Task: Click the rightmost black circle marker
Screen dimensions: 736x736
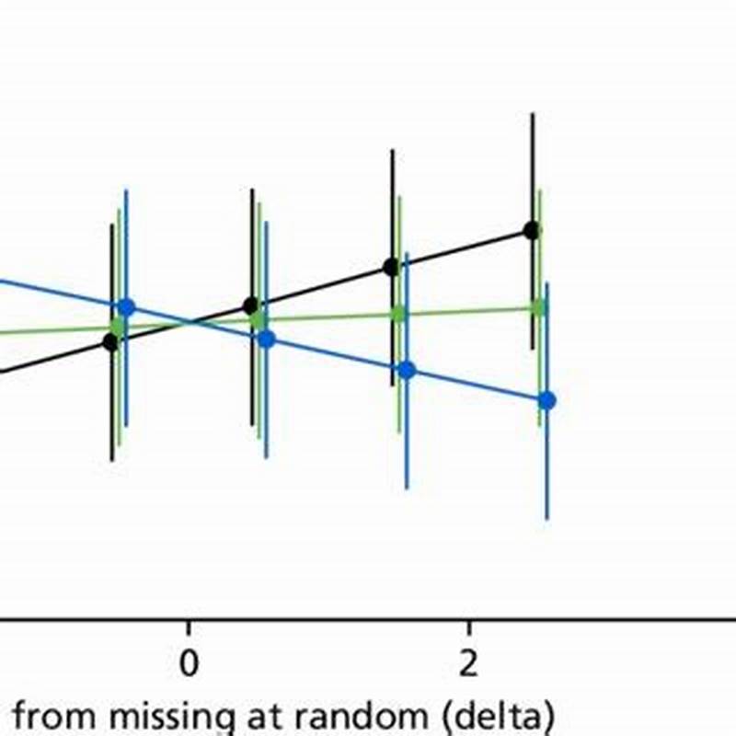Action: [531, 230]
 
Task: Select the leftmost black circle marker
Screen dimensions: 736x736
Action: [111, 342]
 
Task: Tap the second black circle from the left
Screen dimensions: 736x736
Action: [250, 305]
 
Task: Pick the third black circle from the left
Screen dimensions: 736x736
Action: [391, 268]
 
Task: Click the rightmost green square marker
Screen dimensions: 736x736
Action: [538, 307]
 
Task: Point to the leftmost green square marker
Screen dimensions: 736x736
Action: [118, 327]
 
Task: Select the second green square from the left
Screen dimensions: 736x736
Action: [259, 320]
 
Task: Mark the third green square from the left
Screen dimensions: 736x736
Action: [398, 314]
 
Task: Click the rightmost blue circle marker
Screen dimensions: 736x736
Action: [546, 400]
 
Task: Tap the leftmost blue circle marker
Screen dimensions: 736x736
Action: [126, 307]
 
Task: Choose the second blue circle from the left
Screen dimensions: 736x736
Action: [267, 339]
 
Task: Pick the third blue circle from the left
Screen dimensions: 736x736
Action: [407, 370]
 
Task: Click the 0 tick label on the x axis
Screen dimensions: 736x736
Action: [189, 665]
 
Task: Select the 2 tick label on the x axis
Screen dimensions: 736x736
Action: [468, 665]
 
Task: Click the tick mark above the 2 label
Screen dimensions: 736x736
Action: [468, 627]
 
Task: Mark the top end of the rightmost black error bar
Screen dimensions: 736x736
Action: [531, 114]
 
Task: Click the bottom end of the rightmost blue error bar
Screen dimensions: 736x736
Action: [546, 519]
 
